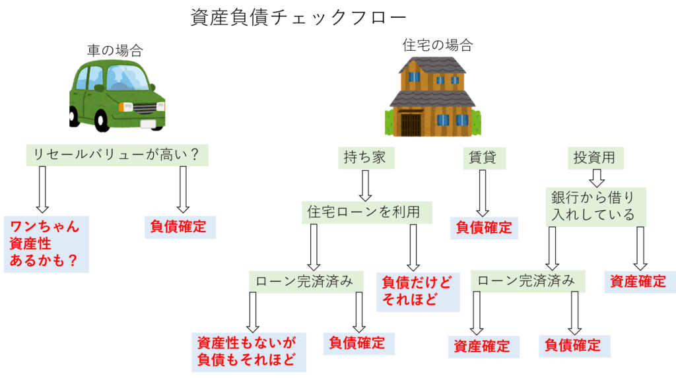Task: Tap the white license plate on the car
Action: (148, 123)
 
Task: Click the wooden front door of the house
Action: (411, 124)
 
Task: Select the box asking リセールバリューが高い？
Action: (117, 156)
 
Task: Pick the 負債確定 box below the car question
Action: (179, 227)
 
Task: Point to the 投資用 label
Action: (595, 158)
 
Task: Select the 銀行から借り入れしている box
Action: (595, 206)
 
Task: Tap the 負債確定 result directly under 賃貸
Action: (485, 228)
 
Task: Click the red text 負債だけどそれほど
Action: (418, 291)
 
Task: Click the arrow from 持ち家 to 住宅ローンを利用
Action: (365, 185)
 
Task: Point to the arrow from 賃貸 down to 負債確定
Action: (483, 192)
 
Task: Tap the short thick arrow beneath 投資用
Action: (596, 177)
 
